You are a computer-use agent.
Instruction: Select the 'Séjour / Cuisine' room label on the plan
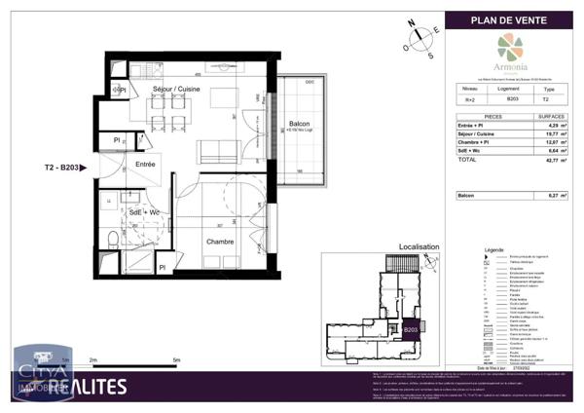pyautogui.click(x=176, y=89)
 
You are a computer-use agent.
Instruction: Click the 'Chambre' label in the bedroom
pyautogui.click(x=218, y=242)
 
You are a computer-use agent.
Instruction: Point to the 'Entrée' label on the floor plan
pyautogui.click(x=145, y=165)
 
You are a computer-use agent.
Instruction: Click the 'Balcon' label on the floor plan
pyautogui.click(x=300, y=125)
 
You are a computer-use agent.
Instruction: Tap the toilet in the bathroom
pyautogui.click(x=114, y=238)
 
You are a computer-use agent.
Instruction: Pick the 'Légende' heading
pyautogui.click(x=493, y=250)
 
